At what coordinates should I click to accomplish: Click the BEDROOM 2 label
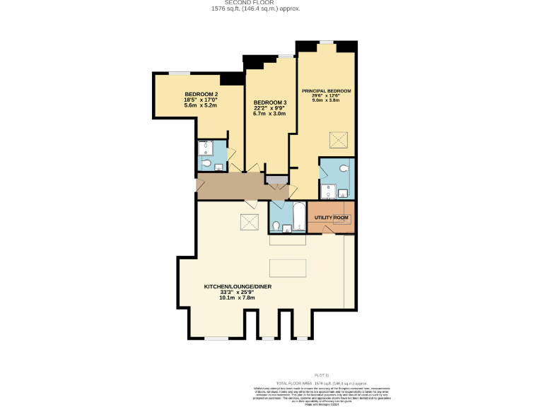[x=201, y=95]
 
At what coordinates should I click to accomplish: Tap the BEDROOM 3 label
[x=269, y=102]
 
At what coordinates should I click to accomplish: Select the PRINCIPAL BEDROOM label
[x=326, y=91]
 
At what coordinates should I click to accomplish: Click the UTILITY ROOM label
[x=331, y=217]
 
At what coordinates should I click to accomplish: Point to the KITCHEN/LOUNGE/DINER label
[x=238, y=286]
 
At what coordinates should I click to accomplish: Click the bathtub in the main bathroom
[x=297, y=216]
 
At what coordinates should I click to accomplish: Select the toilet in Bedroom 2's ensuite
[x=206, y=164]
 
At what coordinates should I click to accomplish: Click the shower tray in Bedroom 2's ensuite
[x=206, y=148]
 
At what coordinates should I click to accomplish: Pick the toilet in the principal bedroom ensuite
[x=344, y=169]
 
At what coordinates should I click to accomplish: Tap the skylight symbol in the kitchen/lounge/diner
[x=250, y=222]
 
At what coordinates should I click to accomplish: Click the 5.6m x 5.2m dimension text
[x=201, y=106]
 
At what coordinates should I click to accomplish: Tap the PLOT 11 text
[x=322, y=374]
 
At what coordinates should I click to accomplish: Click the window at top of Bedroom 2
[x=179, y=72]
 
